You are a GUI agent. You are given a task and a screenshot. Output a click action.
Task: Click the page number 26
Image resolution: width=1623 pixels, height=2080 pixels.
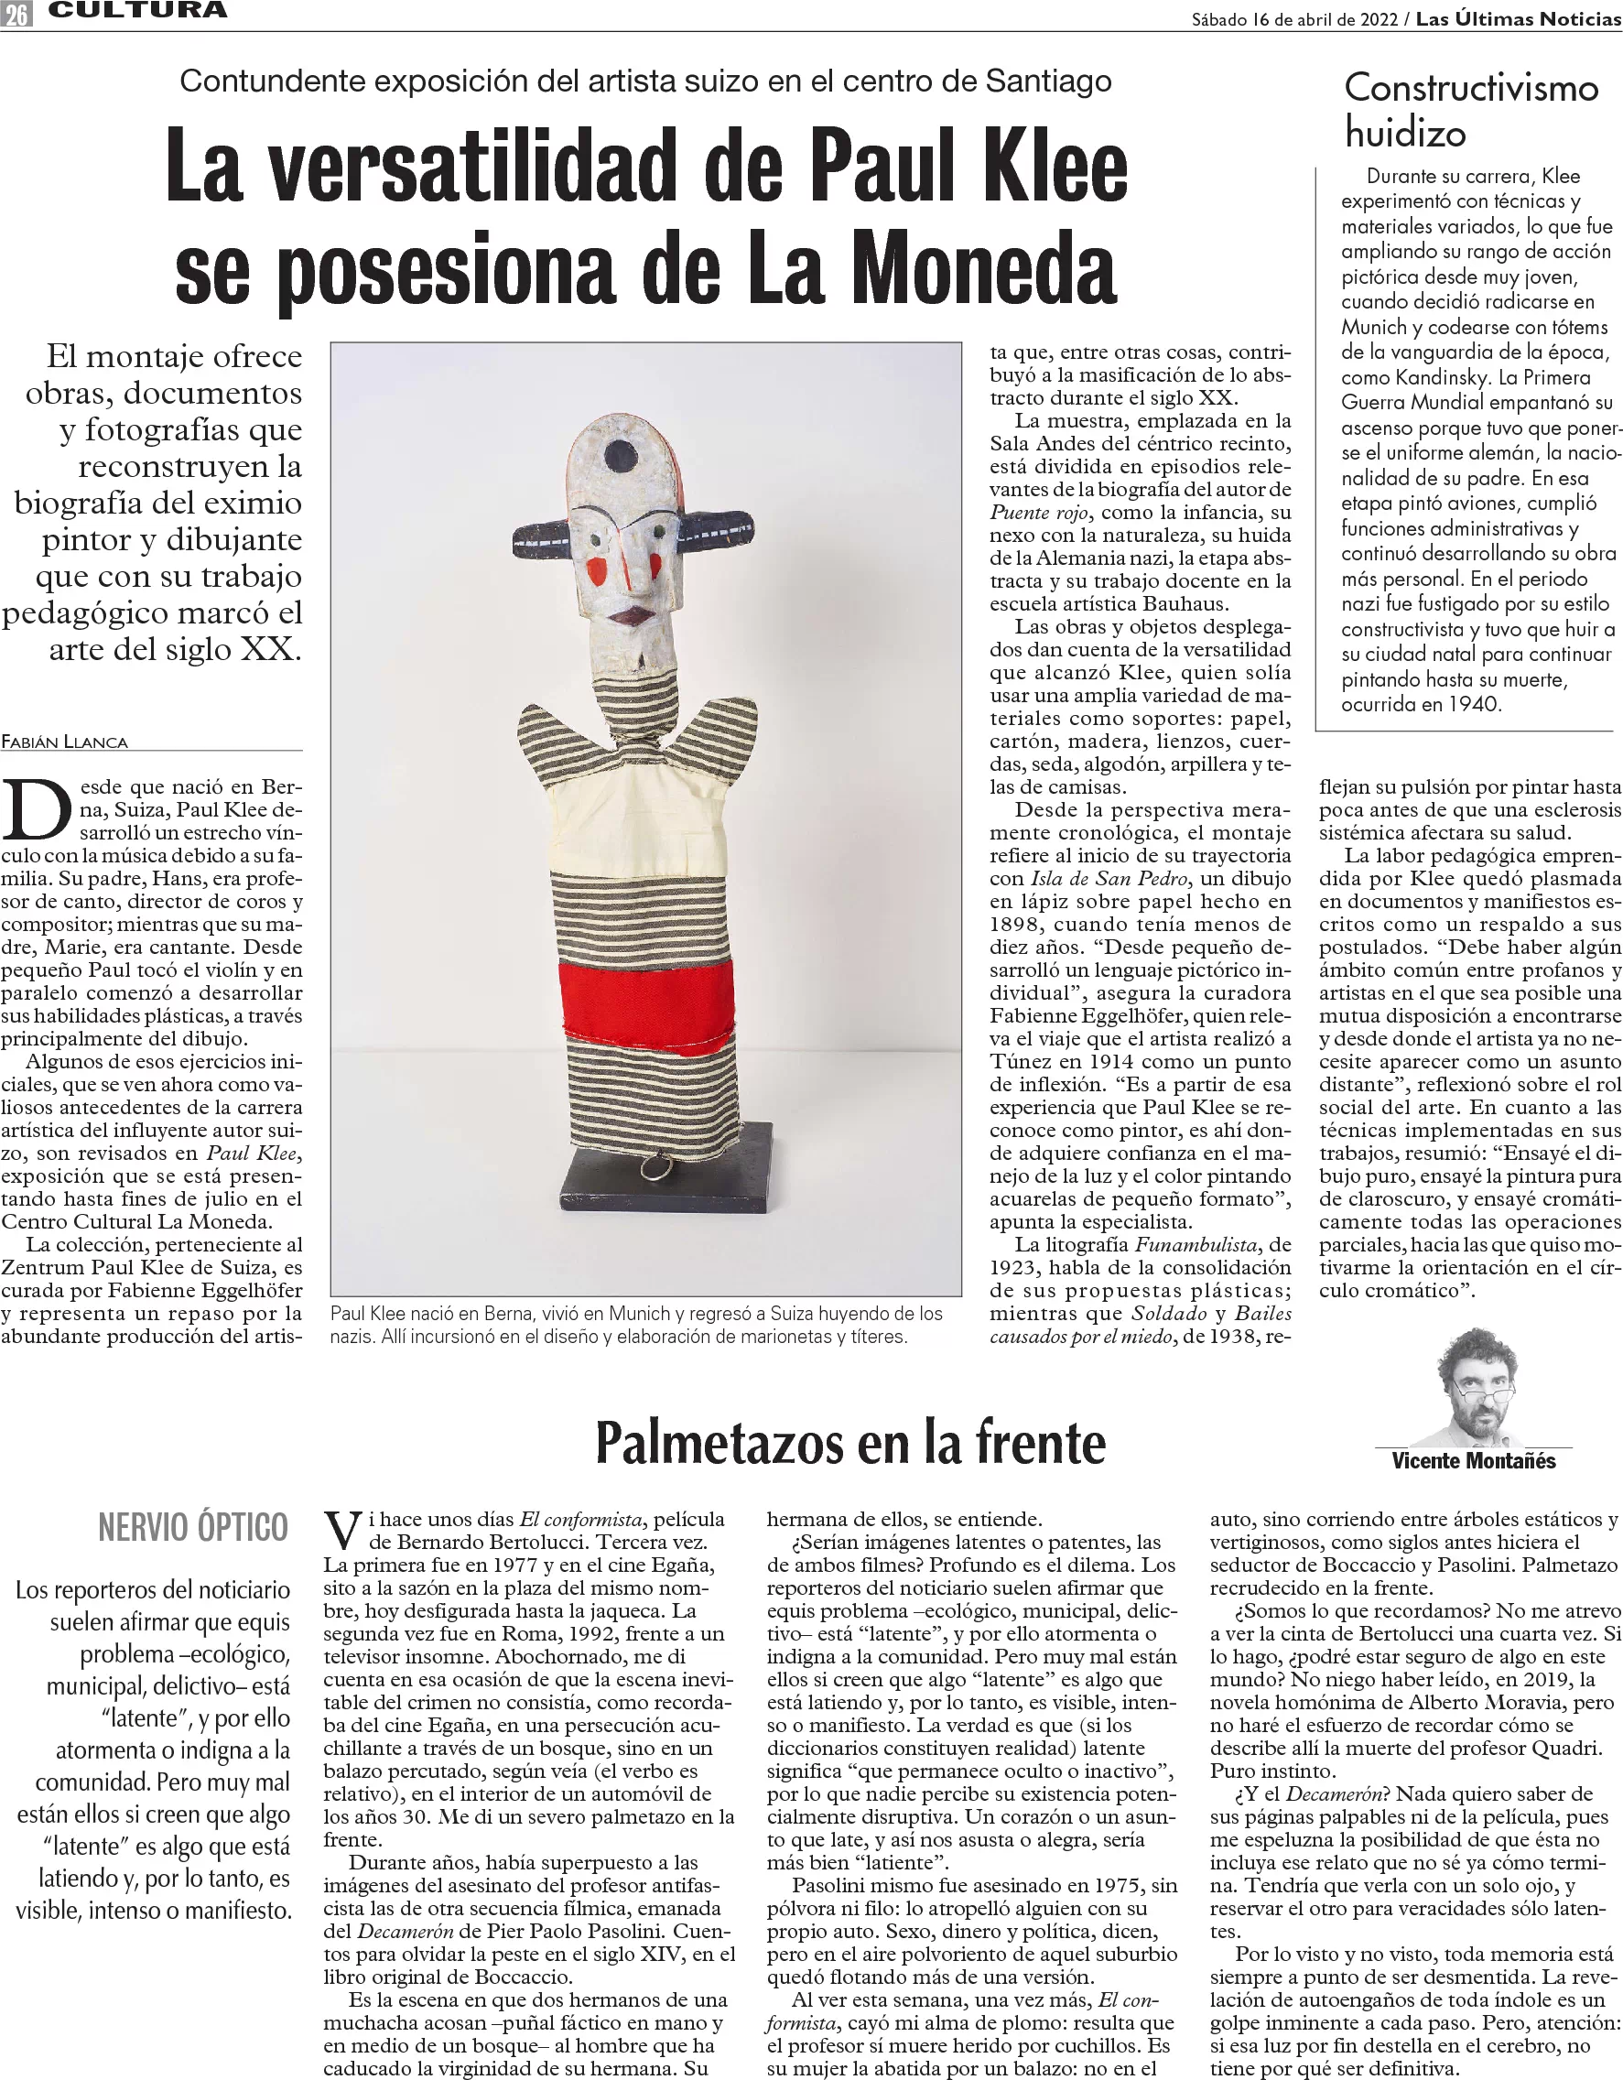(16, 14)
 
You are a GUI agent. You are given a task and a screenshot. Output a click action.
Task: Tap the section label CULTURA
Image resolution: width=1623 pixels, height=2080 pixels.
(138, 11)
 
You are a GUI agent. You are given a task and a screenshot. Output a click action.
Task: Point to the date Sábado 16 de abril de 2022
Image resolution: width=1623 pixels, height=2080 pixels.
(1296, 19)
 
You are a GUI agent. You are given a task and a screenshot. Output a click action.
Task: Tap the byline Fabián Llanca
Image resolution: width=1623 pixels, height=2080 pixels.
(65, 742)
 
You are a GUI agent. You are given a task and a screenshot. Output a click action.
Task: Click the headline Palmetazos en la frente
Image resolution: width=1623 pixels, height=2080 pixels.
(849, 1443)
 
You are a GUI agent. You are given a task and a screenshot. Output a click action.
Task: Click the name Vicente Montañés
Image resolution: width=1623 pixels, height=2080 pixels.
(1473, 1461)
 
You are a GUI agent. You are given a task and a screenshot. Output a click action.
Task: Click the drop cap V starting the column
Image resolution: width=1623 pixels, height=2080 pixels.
(343, 1532)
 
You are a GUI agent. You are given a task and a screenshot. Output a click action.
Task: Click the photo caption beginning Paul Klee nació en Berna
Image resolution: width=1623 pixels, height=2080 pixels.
(637, 1325)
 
